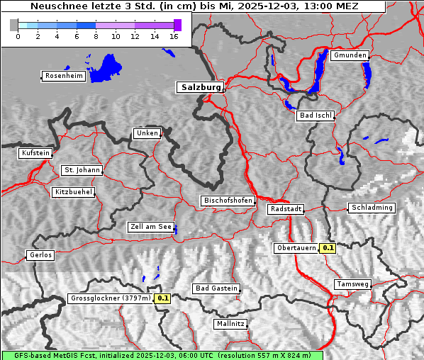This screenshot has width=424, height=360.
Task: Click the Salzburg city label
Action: point(199,87)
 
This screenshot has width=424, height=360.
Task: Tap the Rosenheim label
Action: point(63,76)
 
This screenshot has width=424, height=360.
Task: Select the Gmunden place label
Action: point(350,55)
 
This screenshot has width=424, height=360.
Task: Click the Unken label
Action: point(146,133)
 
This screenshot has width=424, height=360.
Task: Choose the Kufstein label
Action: point(35,153)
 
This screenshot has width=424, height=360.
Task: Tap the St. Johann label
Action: point(82,170)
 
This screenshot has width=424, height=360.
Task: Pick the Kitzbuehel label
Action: point(73,192)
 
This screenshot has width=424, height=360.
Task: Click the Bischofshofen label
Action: point(228,201)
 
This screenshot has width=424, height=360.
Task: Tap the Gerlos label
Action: point(40,255)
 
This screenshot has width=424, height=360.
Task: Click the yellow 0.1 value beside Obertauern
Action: point(328,248)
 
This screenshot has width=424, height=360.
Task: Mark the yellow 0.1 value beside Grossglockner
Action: point(163,298)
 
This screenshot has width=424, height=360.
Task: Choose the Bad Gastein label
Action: point(216,289)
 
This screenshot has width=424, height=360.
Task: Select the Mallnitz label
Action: point(230,324)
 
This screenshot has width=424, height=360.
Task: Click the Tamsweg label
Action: point(352,284)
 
